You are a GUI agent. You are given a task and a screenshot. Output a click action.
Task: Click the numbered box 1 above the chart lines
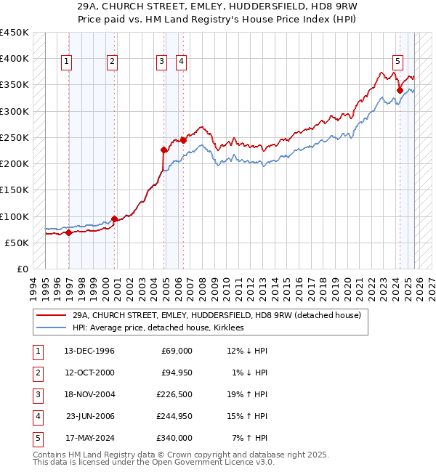point(66,62)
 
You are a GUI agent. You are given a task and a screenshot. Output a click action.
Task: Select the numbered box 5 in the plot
point(398,62)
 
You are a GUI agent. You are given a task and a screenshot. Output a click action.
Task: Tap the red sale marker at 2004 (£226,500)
point(164,150)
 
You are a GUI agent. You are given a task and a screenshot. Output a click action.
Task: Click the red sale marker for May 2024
point(400,90)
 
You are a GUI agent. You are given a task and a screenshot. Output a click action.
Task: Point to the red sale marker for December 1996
point(69,233)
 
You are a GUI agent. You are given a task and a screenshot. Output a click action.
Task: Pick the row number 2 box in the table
point(36,373)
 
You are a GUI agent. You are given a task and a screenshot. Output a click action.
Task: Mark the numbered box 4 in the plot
point(179,62)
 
